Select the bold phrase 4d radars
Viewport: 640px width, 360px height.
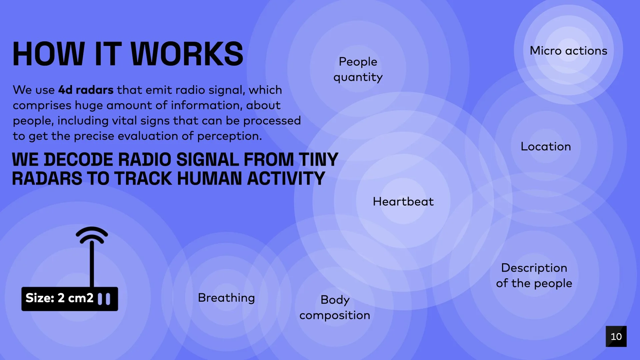pos(86,90)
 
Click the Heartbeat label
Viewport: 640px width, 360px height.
pos(403,202)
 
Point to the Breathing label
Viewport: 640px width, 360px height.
pos(226,298)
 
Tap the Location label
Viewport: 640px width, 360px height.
pos(546,147)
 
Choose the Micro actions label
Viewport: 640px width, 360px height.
pos(568,51)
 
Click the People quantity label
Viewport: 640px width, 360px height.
pos(358,69)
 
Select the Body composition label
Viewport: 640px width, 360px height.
pos(335,307)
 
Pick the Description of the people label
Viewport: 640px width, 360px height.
pos(534,276)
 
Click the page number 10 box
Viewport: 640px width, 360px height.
pos(616,336)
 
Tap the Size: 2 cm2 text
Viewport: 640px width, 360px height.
pos(60,298)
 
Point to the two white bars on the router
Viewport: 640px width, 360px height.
pos(104,299)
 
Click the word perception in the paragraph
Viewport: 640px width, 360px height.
pos(229,136)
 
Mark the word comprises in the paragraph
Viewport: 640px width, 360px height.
pos(42,106)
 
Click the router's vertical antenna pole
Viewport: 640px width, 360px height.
pos(92,265)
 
